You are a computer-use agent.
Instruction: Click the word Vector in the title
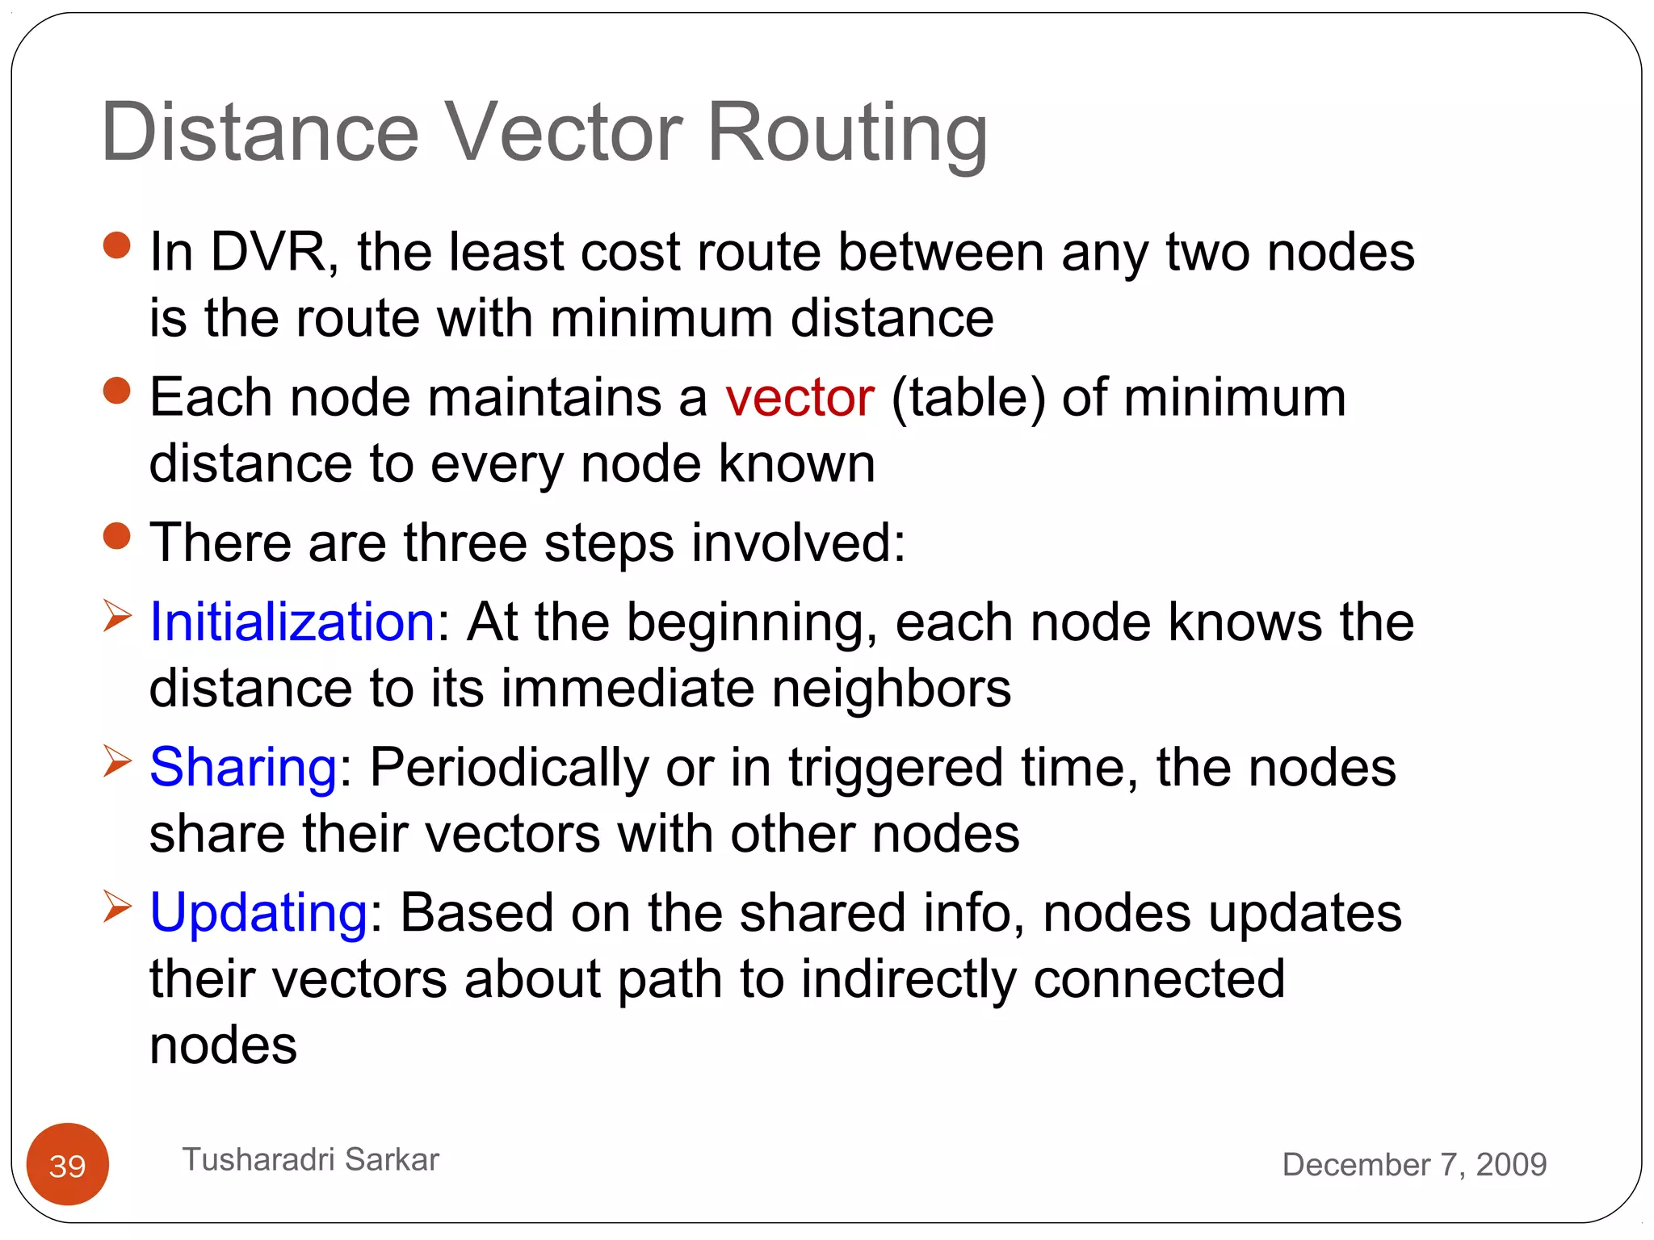[565, 132]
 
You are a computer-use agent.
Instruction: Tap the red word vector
[800, 397]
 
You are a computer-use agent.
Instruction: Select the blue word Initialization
[292, 622]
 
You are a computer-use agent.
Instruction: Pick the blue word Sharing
[243, 767]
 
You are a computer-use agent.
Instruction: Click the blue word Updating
[259, 913]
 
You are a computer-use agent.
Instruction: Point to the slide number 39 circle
[68, 1164]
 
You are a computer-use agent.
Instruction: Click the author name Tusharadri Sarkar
[310, 1159]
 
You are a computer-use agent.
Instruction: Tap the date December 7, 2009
[1414, 1164]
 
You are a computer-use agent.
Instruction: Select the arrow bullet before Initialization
[117, 617]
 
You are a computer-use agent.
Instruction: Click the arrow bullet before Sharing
[117, 761]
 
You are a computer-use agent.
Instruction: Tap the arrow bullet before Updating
[117, 907]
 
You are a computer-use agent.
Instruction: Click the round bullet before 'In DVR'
[117, 245]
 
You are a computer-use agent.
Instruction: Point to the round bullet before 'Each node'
[117, 391]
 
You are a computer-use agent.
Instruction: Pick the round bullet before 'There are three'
[117, 536]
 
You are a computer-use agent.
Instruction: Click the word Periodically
[509, 769]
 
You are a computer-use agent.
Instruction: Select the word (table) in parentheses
[968, 398]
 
